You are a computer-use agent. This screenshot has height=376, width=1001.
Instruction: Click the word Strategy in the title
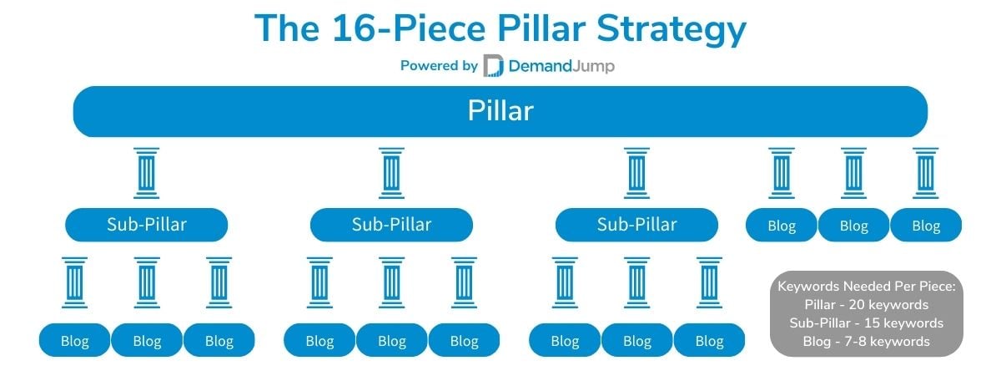[x=672, y=29]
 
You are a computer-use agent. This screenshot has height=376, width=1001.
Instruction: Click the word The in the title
[x=287, y=28]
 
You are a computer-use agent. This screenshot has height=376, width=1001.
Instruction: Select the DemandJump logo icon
[x=493, y=65]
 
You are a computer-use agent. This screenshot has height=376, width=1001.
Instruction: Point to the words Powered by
[x=439, y=66]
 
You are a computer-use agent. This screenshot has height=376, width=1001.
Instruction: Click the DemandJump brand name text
[x=561, y=66]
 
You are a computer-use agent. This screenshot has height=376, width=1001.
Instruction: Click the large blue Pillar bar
[x=500, y=111]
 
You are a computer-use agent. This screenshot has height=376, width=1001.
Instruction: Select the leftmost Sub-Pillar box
[x=147, y=225]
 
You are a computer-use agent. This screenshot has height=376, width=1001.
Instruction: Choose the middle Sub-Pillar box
[x=391, y=225]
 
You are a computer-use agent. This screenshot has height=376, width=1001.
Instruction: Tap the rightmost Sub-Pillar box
[x=636, y=225]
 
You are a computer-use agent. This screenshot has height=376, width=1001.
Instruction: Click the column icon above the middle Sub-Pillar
[x=391, y=173]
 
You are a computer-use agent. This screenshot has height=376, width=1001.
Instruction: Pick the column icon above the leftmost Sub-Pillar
[x=147, y=173]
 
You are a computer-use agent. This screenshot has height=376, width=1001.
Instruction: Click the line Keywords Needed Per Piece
[x=867, y=286]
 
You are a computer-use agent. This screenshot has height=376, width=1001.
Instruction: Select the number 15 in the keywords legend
[x=872, y=323]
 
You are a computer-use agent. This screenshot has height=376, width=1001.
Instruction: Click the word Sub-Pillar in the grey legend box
[x=820, y=323]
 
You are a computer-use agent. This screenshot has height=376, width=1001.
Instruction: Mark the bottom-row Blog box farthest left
[x=74, y=340]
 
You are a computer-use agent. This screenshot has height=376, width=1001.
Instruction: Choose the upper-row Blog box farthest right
[x=926, y=225]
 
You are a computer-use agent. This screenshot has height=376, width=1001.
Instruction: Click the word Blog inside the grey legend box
[x=817, y=342]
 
